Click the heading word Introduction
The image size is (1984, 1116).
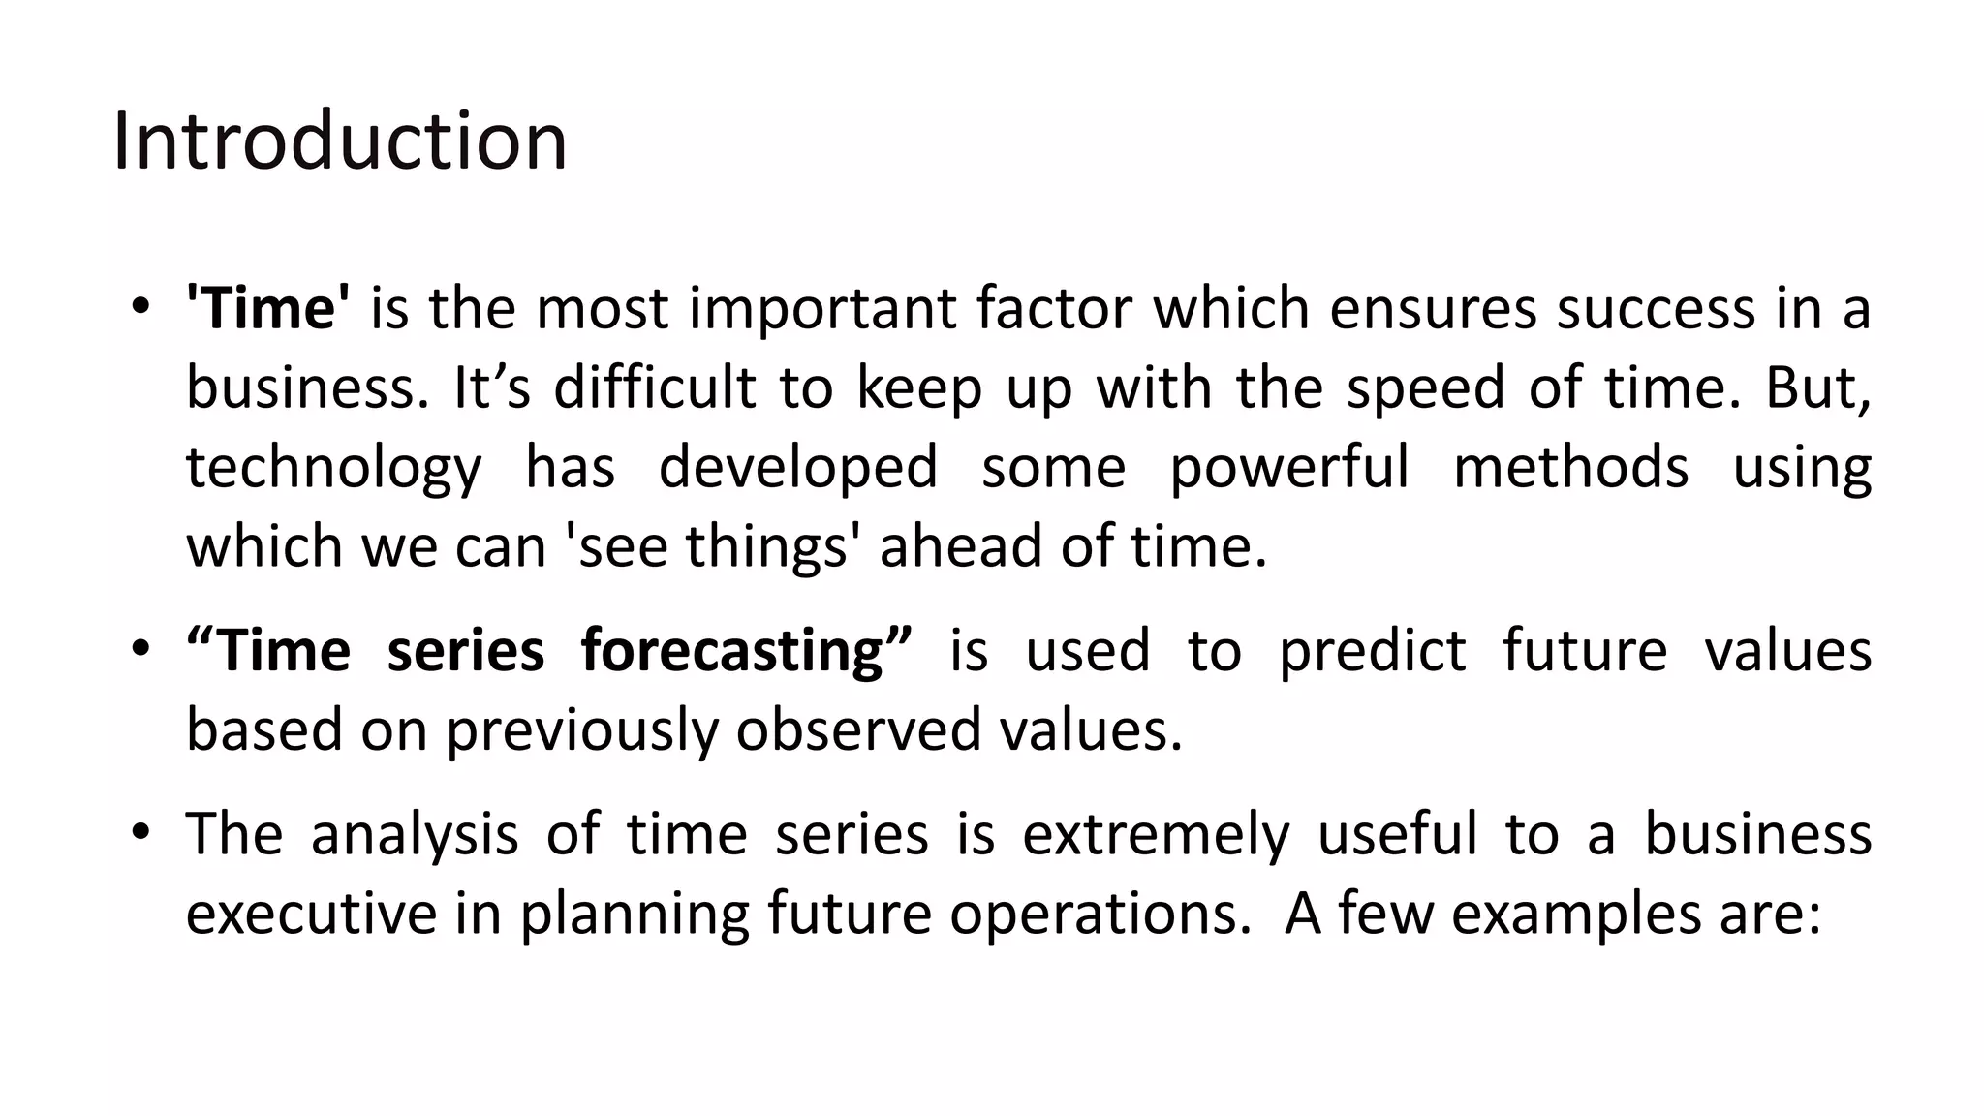[x=339, y=141]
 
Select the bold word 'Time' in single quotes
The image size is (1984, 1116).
[x=268, y=308]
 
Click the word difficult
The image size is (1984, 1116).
[x=654, y=387]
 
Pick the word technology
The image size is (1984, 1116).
[x=333, y=469]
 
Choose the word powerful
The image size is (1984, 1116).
[x=1289, y=469]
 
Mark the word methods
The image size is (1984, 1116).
[x=1570, y=467]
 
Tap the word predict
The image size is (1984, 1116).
[x=1372, y=651]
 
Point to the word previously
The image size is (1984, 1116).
[x=581, y=730]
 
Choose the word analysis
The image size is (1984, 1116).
[x=415, y=835]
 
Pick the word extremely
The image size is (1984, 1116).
[x=1156, y=835]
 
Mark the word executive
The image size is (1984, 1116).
[x=311, y=914]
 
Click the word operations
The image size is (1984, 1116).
[x=1100, y=915]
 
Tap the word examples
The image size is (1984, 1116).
[x=1576, y=915]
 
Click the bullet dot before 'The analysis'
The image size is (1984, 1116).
[x=141, y=831]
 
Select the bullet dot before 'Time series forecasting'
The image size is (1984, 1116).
[x=141, y=647]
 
